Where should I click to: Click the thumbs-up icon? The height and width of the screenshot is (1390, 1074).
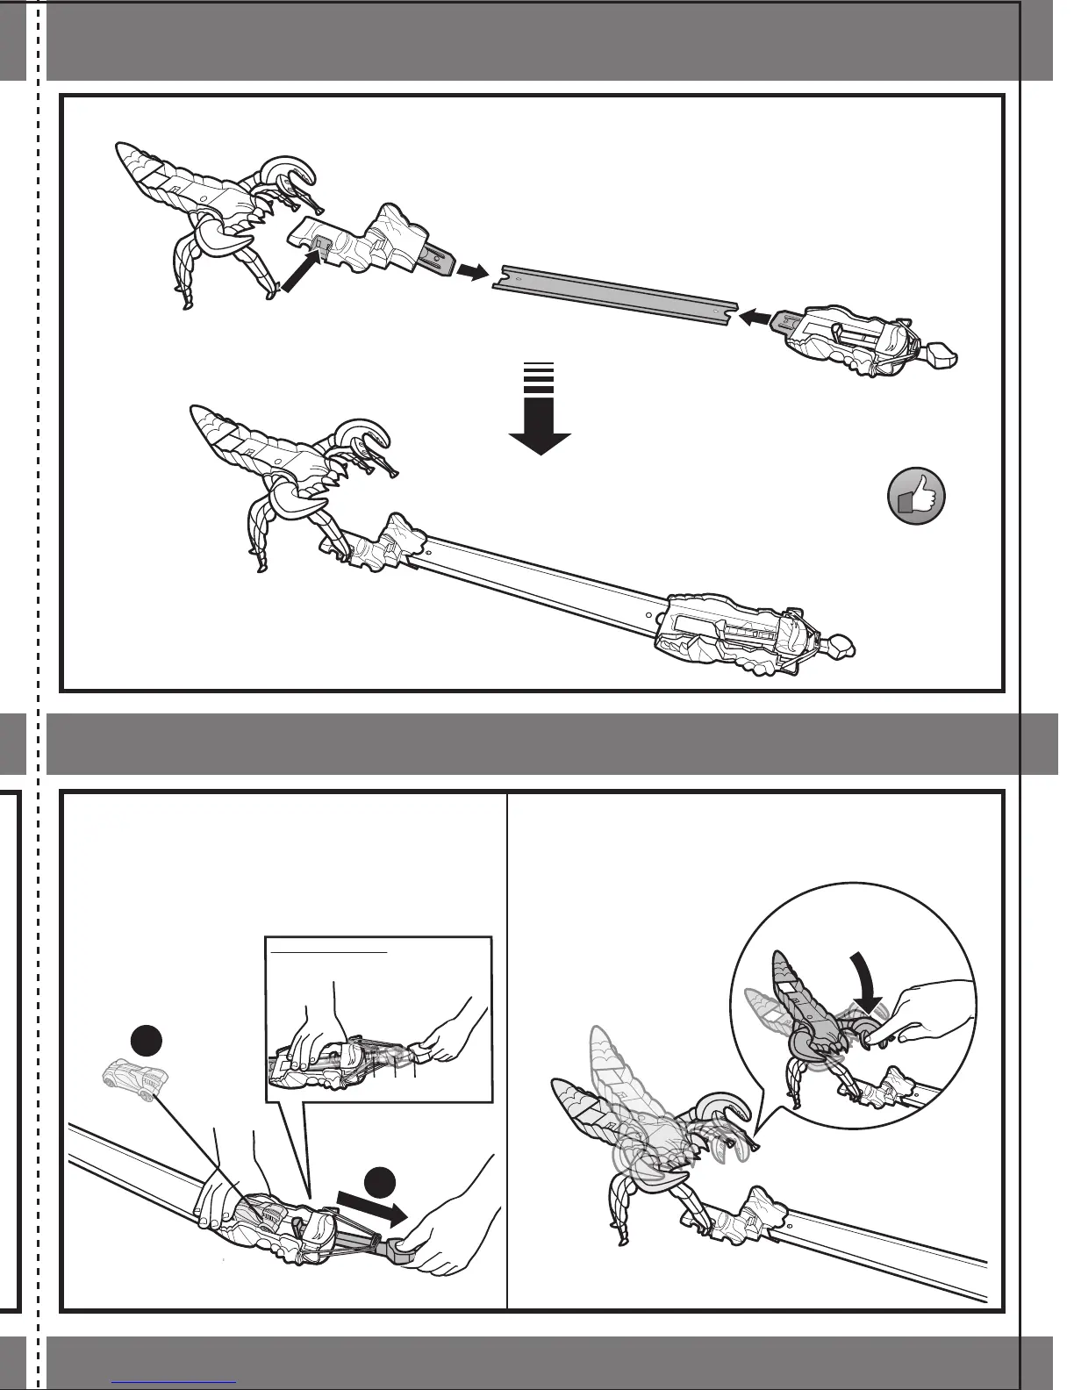point(916,497)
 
